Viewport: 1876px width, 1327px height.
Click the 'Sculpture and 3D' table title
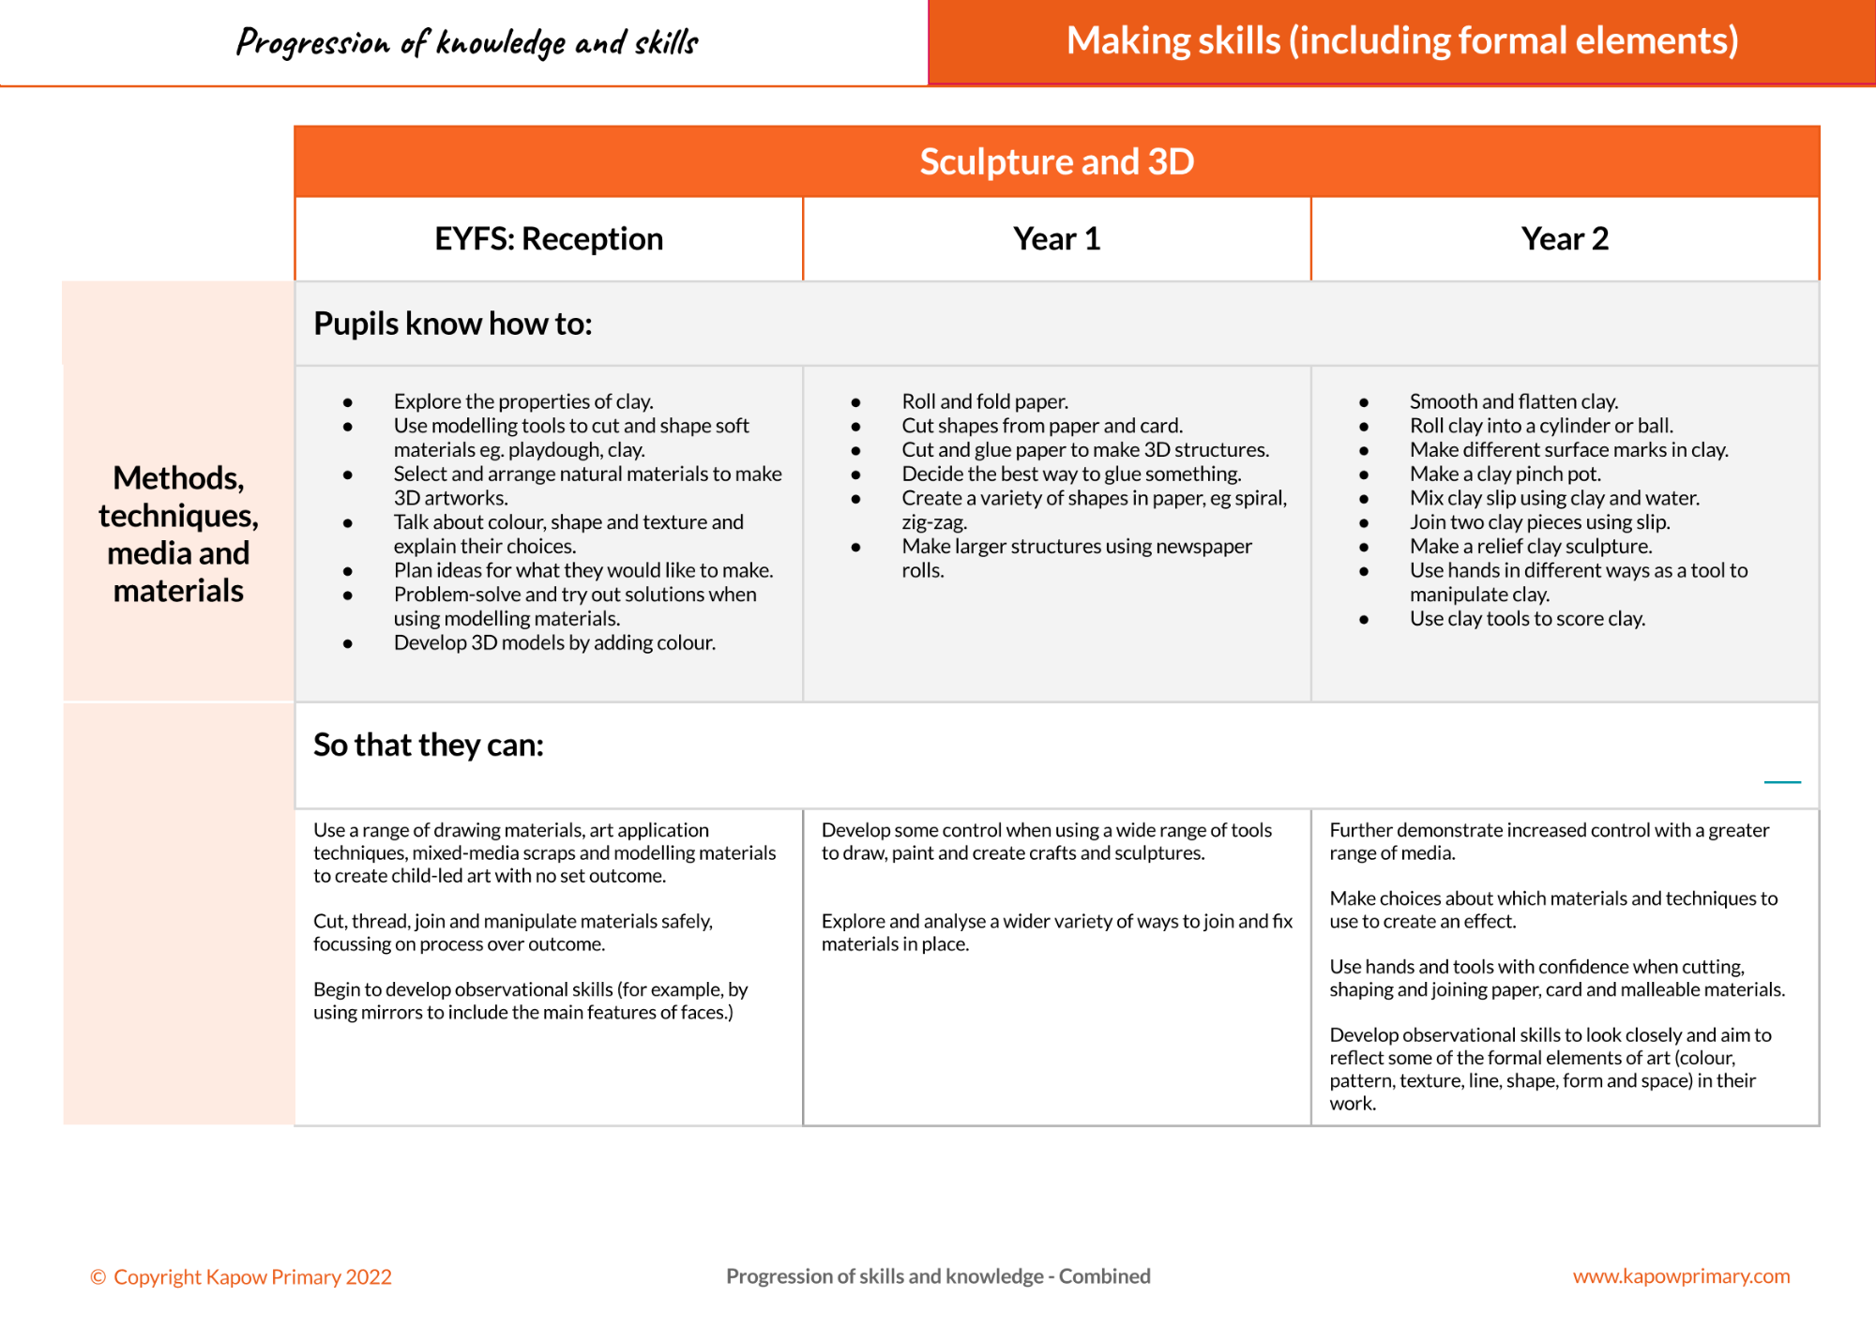point(1056,162)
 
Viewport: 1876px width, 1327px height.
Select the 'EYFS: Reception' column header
point(549,239)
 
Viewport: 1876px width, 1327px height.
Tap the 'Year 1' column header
point(1056,239)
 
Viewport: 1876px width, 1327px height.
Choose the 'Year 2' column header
point(1565,239)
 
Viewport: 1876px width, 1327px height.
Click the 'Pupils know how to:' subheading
point(453,324)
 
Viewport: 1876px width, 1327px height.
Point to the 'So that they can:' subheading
point(429,745)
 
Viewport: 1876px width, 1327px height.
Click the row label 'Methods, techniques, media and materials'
point(178,535)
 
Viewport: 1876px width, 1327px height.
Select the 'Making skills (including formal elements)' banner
point(1402,41)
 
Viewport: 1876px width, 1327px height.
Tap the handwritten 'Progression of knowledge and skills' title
point(467,42)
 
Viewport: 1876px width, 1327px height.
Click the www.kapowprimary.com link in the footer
point(1681,1276)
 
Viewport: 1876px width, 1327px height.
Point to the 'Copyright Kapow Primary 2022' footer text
point(241,1277)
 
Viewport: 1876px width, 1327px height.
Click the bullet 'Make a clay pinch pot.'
point(1505,475)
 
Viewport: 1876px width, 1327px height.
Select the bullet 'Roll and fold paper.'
point(985,401)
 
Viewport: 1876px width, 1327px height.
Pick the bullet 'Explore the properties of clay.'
point(523,401)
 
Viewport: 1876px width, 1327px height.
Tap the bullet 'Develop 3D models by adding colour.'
point(554,643)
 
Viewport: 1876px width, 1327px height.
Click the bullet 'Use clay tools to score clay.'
point(1527,619)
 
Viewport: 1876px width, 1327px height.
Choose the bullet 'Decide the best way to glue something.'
point(1071,475)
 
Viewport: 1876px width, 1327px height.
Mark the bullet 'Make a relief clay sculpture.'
point(1531,547)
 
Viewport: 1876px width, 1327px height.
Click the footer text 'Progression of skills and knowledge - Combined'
point(938,1276)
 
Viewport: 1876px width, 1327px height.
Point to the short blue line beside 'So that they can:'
point(1782,781)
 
